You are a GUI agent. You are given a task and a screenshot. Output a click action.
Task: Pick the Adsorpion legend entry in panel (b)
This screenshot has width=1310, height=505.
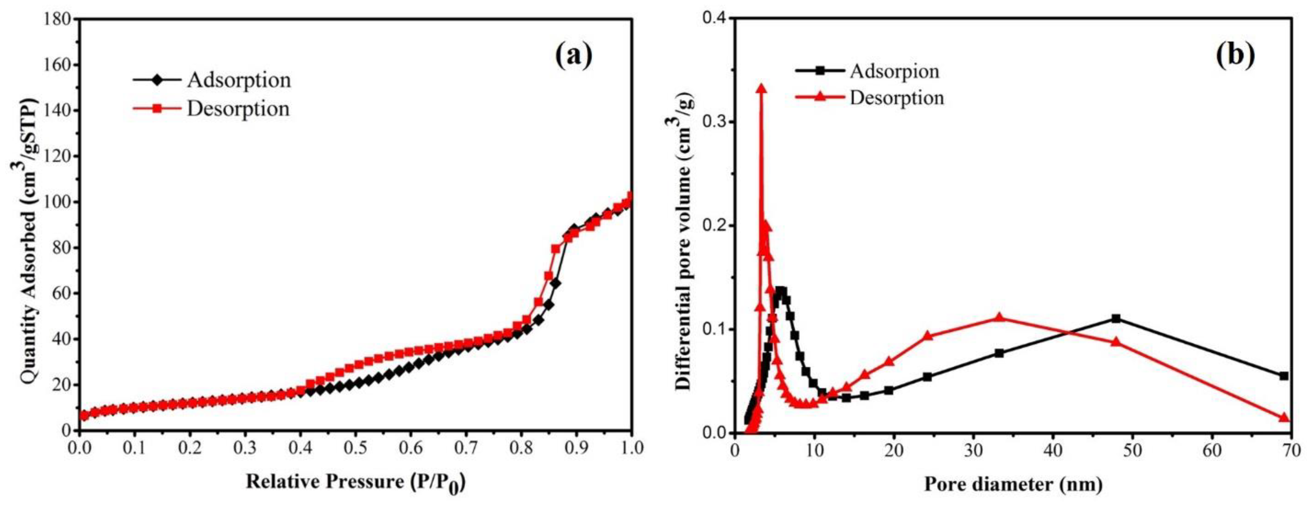point(894,71)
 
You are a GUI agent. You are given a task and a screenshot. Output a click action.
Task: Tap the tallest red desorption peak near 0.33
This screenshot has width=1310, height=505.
point(761,89)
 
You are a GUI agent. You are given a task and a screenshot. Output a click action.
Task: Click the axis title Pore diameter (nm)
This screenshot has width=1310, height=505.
point(1013,484)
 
